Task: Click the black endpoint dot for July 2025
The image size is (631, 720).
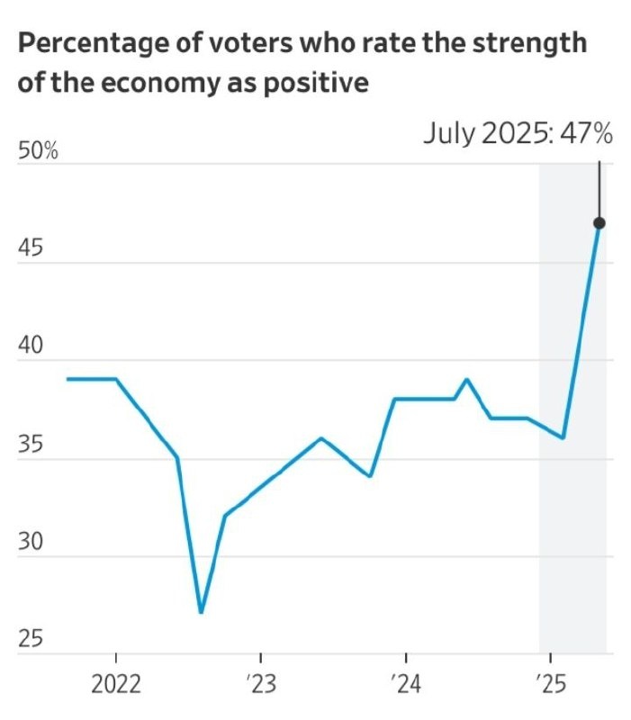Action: point(599,223)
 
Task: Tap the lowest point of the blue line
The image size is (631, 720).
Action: point(201,612)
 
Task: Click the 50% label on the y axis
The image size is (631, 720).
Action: point(39,151)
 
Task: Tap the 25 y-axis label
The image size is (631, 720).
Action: point(31,640)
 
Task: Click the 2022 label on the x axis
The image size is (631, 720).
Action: point(116,685)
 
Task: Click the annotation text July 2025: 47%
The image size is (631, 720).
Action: point(518,135)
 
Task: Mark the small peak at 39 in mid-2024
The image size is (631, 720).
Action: point(466,379)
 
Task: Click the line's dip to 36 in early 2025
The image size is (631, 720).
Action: point(563,437)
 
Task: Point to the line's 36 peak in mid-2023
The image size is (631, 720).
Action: point(321,438)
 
